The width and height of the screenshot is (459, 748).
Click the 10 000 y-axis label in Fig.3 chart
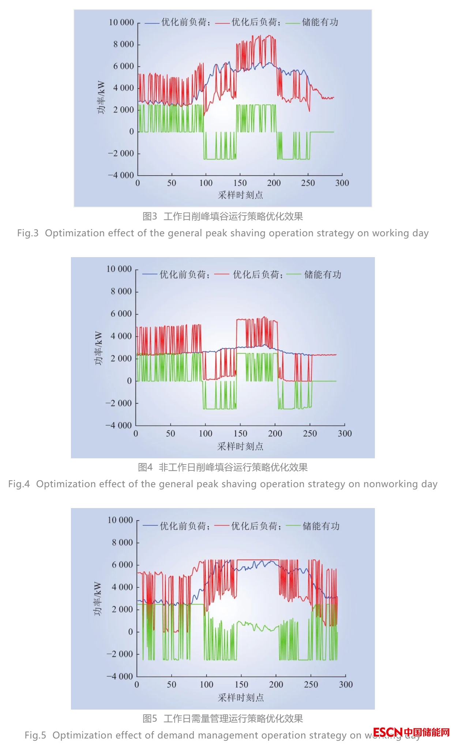click(x=121, y=22)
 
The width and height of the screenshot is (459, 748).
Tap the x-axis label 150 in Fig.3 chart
click(x=240, y=183)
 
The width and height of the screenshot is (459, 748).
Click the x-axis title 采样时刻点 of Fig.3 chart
click(x=240, y=195)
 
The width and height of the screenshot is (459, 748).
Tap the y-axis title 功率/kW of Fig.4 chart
click(x=98, y=348)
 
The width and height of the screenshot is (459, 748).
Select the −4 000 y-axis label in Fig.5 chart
click(x=120, y=676)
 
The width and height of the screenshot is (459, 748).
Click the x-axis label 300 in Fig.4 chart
click(x=345, y=433)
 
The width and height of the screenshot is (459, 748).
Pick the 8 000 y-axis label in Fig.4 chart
click(x=121, y=292)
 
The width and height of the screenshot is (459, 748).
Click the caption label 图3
click(x=150, y=217)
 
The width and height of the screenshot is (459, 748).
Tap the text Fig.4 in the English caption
click(x=19, y=484)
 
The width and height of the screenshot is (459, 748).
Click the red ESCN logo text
click(x=388, y=732)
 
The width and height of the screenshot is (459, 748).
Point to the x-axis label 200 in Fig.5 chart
click(x=276, y=684)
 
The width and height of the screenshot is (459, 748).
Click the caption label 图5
click(x=150, y=718)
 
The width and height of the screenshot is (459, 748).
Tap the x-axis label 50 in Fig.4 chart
click(x=170, y=433)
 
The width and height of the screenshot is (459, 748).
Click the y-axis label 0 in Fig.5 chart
click(x=131, y=632)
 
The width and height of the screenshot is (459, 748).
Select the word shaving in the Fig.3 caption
click(x=248, y=233)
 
